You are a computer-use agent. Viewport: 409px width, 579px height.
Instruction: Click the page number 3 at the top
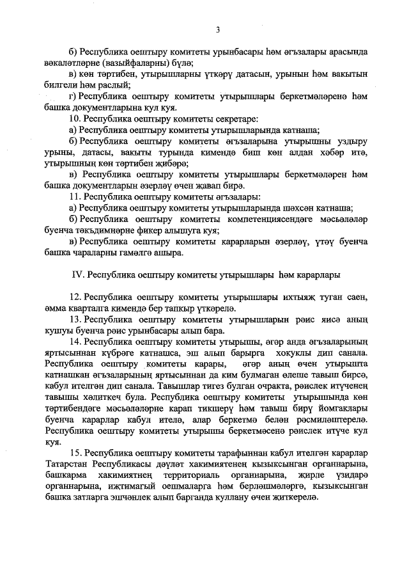coord(217,29)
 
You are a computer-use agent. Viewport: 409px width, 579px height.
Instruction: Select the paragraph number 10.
coord(74,119)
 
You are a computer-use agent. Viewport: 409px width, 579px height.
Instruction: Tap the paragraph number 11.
coord(74,196)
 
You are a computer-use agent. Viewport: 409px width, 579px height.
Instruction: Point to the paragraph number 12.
coord(74,297)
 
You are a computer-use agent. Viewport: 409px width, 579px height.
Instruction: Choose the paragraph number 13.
coord(74,319)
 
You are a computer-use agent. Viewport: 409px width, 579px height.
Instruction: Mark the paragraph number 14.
coord(74,342)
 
